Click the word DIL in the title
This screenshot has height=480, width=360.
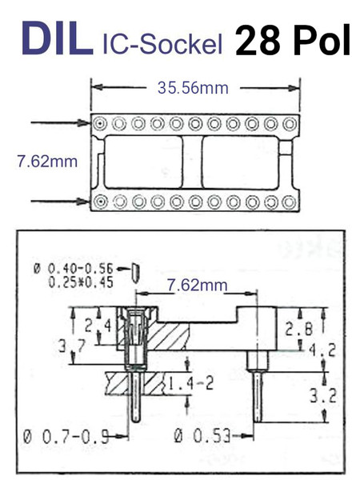[x=58, y=38]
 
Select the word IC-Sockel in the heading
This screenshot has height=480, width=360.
[x=162, y=44]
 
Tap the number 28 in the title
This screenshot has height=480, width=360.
[x=258, y=40]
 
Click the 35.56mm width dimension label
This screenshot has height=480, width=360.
[x=193, y=88]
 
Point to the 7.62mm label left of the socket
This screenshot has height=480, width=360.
[x=47, y=162]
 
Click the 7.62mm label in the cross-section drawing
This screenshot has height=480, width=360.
[x=197, y=285]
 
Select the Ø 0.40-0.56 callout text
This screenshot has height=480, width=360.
[x=73, y=269]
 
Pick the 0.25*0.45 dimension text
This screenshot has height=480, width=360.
[x=81, y=282]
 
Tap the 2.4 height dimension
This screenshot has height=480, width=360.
[x=98, y=326]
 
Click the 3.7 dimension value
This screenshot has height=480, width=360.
[x=73, y=346]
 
